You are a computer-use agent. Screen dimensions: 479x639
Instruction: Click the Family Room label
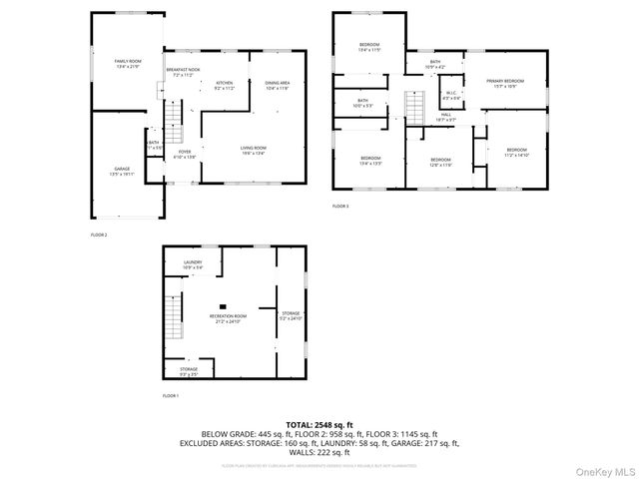pos(127,64)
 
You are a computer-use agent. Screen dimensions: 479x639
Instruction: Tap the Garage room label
pos(121,173)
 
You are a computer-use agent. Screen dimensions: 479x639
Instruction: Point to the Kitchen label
pos(224,86)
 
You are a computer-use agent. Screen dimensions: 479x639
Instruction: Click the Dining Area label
pos(277,86)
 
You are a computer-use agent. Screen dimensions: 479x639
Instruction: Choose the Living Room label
pos(252,151)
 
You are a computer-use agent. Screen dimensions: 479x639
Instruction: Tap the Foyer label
pos(185,154)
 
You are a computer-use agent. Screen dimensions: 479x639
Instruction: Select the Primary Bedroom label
pos(505,83)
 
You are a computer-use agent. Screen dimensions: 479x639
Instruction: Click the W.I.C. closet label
pos(452,95)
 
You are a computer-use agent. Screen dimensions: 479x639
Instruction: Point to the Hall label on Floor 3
pos(446,117)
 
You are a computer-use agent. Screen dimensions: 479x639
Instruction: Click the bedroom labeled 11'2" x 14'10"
pos(515,153)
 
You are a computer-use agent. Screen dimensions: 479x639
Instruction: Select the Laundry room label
pos(193,265)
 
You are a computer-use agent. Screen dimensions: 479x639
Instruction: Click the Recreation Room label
pos(227,318)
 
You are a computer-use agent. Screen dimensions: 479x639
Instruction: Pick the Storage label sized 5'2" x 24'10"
pos(290,315)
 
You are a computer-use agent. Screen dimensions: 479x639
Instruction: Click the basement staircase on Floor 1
pos(176,325)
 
